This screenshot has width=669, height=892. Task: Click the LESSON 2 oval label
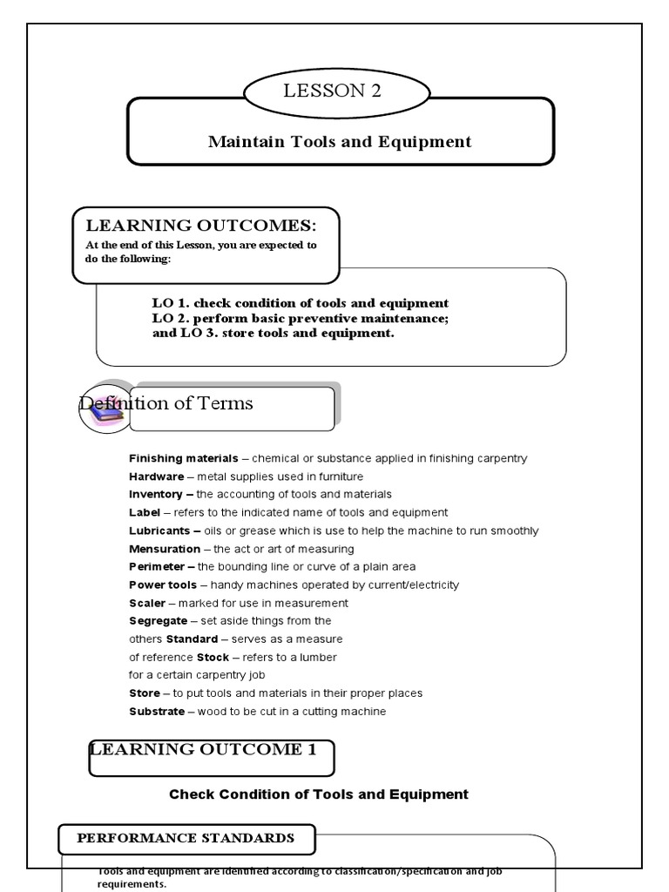[332, 92]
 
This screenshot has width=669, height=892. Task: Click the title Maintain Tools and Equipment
[340, 142]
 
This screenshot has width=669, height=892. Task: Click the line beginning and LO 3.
[273, 333]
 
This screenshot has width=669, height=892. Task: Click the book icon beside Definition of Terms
[105, 409]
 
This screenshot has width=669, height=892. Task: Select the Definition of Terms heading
[166, 403]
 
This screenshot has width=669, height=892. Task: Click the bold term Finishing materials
[183, 458]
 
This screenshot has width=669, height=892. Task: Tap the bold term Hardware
[157, 476]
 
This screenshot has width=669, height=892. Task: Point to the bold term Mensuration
[165, 549]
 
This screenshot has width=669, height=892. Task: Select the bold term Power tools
[163, 585]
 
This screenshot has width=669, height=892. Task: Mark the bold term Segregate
[158, 621]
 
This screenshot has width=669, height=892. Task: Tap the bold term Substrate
[157, 712]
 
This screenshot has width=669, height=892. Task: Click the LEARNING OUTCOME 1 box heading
[203, 750]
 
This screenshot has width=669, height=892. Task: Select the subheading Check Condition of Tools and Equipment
[318, 794]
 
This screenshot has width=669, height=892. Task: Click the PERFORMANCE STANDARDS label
[186, 839]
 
